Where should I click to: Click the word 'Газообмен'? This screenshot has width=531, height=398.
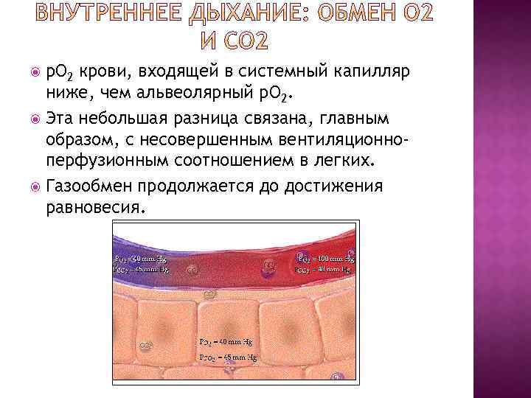97,185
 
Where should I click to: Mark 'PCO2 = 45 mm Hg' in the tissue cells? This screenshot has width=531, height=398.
227,357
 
